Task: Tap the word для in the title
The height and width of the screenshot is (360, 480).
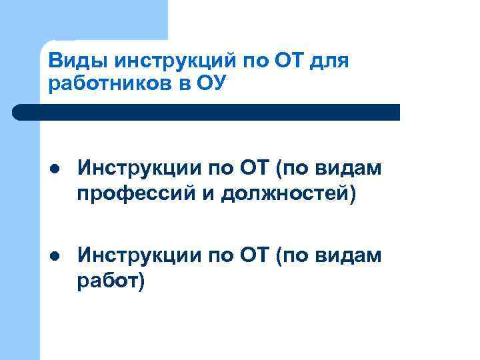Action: coord(328,62)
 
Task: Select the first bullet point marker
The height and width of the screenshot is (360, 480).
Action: coord(57,170)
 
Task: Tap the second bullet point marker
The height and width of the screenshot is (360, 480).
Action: coord(57,255)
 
